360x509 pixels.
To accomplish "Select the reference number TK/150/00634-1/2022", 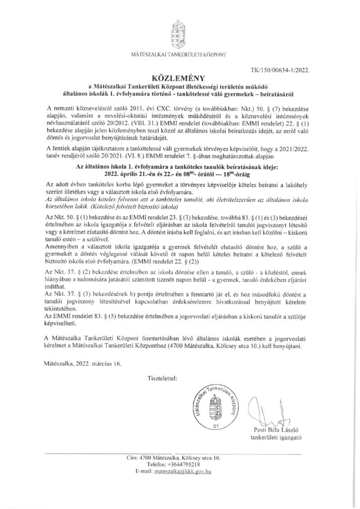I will click(x=282, y=70).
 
